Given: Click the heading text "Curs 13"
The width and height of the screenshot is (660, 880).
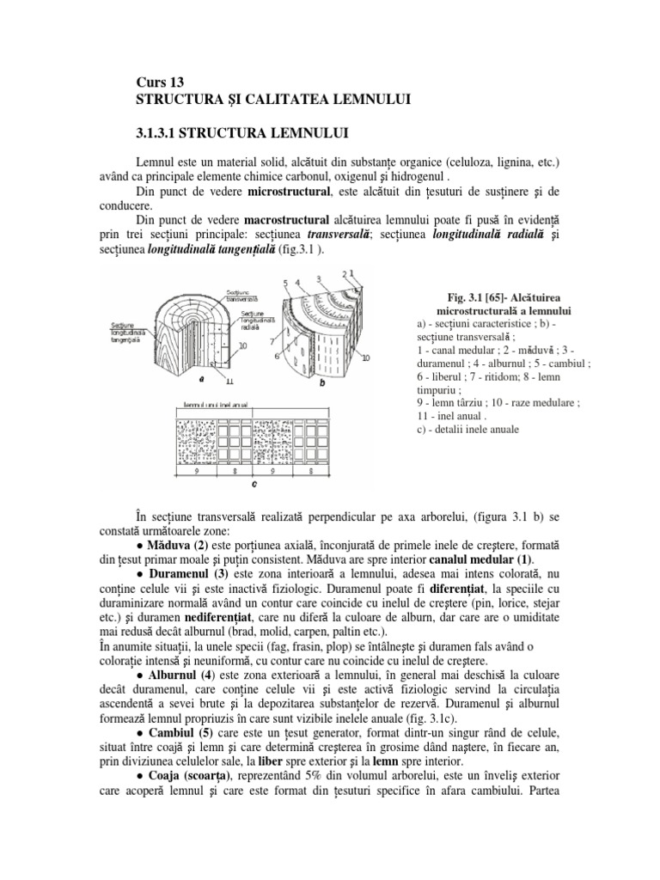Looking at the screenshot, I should pos(161,82).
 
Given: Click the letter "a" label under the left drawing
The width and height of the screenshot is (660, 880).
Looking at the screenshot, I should pos(200,376).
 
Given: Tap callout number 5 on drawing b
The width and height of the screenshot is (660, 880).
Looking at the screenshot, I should pos(284,283).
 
